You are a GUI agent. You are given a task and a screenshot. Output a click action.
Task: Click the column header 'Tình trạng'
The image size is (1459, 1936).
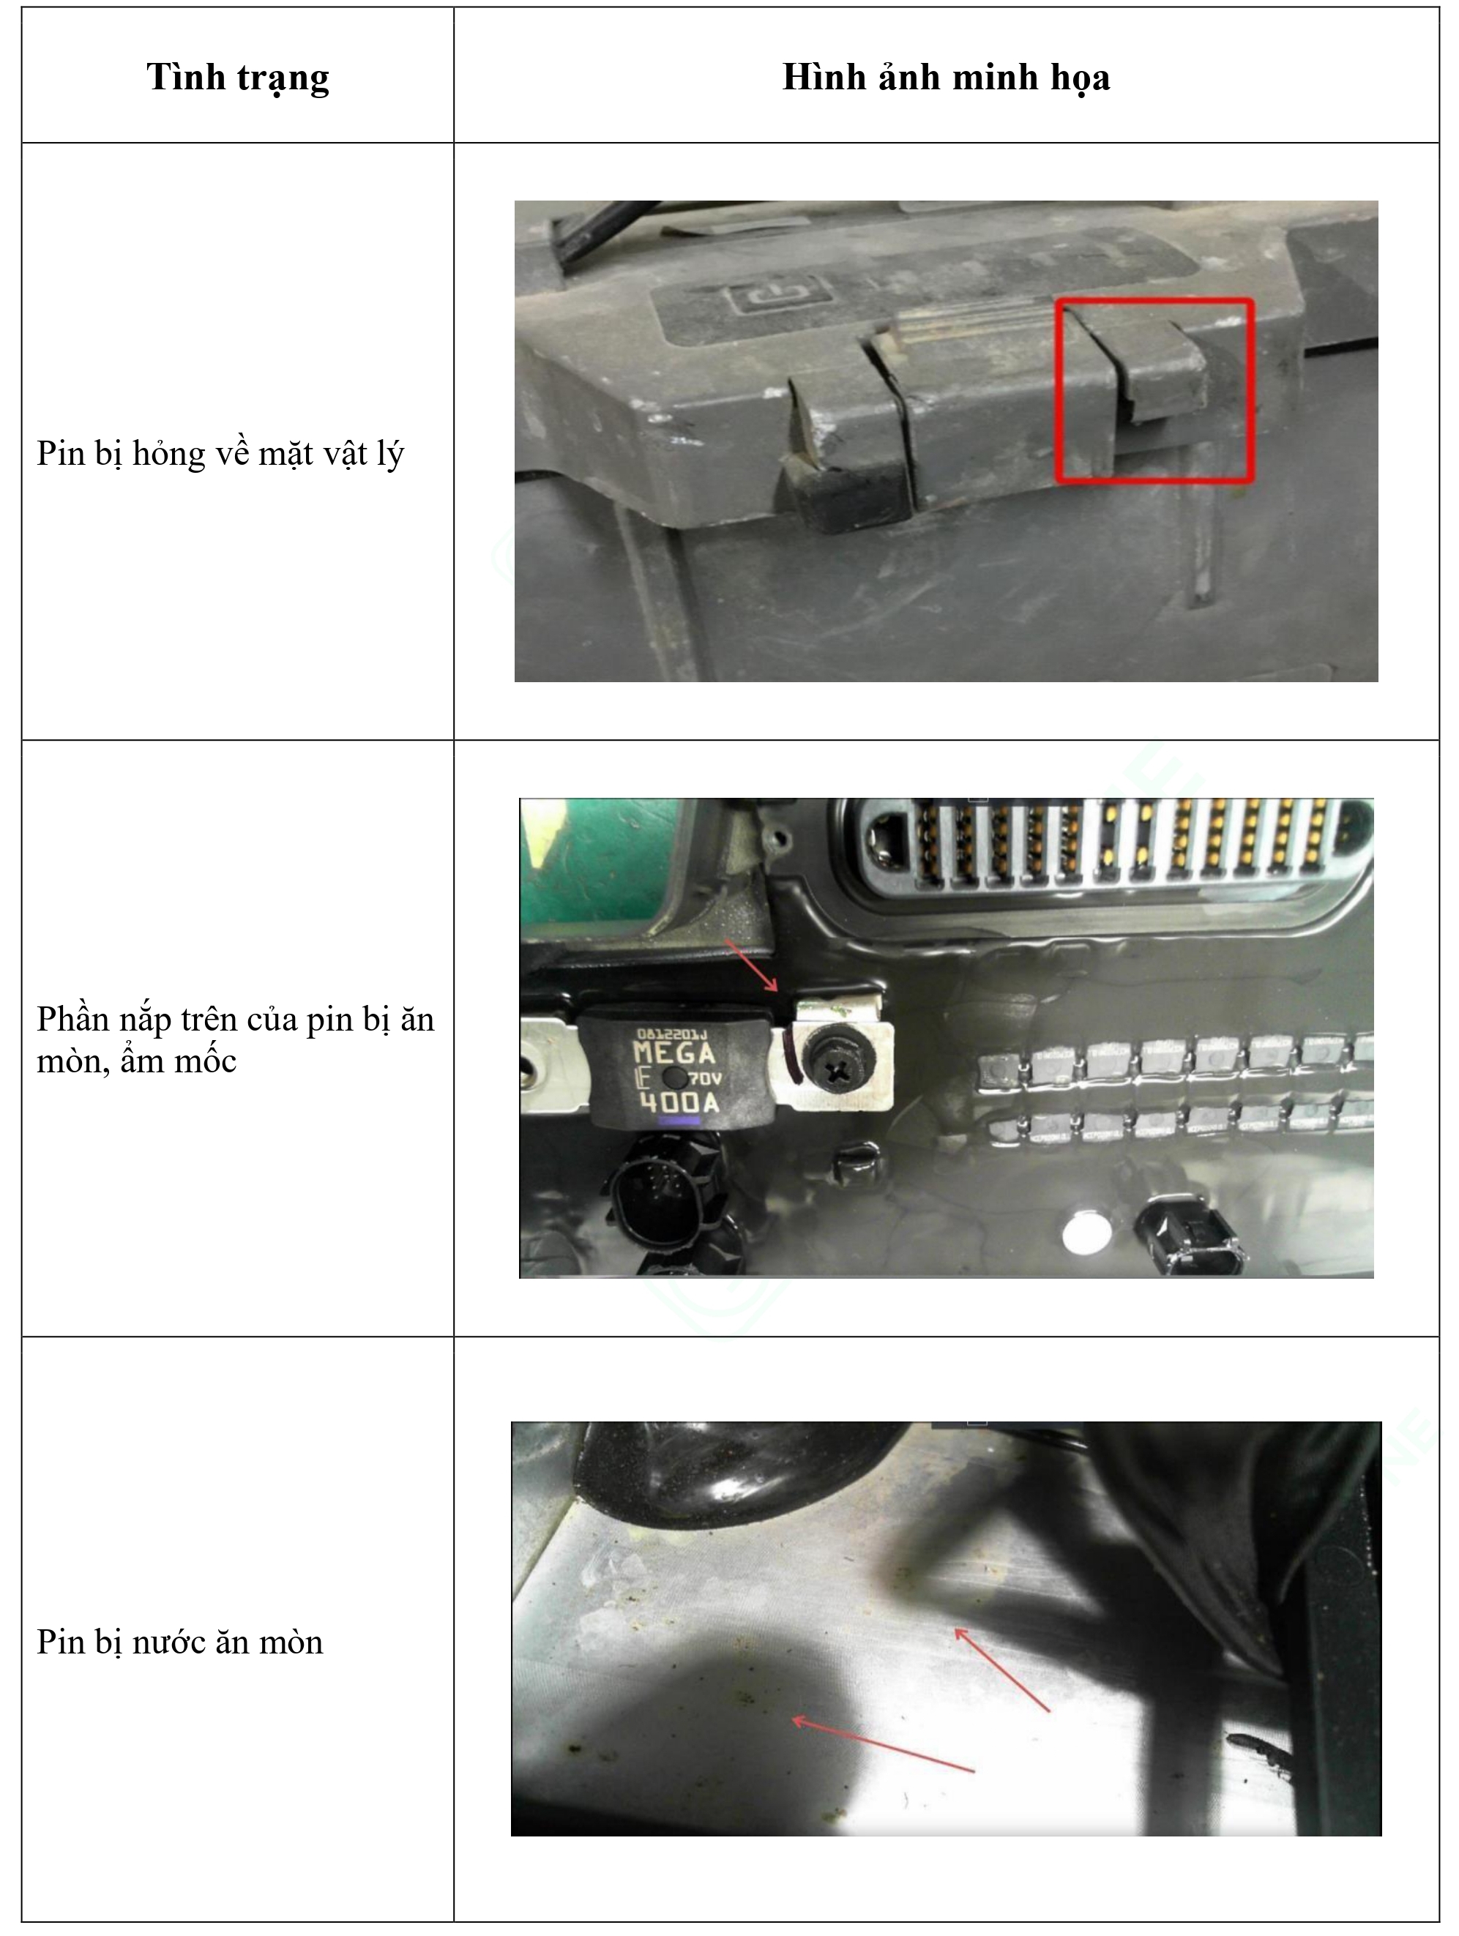[237, 77]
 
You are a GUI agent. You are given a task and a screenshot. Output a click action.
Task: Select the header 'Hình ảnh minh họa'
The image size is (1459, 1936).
[945, 77]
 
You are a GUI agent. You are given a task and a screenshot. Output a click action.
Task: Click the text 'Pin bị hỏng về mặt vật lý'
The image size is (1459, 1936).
[220, 453]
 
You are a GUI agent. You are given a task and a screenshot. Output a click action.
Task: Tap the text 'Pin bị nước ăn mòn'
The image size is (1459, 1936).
[179, 1642]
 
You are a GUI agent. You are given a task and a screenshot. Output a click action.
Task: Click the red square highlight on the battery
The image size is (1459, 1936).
[1154, 389]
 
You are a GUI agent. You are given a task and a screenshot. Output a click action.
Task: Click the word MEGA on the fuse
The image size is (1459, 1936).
[674, 1052]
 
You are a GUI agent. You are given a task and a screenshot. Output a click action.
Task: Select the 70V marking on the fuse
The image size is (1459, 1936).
[704, 1078]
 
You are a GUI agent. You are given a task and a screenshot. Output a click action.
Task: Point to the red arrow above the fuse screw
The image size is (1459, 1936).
[751, 966]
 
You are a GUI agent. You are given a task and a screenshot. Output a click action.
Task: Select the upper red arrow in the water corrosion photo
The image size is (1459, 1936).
[1001, 1670]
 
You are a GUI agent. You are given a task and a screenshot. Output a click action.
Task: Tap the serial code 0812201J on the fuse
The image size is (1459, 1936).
[672, 1034]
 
